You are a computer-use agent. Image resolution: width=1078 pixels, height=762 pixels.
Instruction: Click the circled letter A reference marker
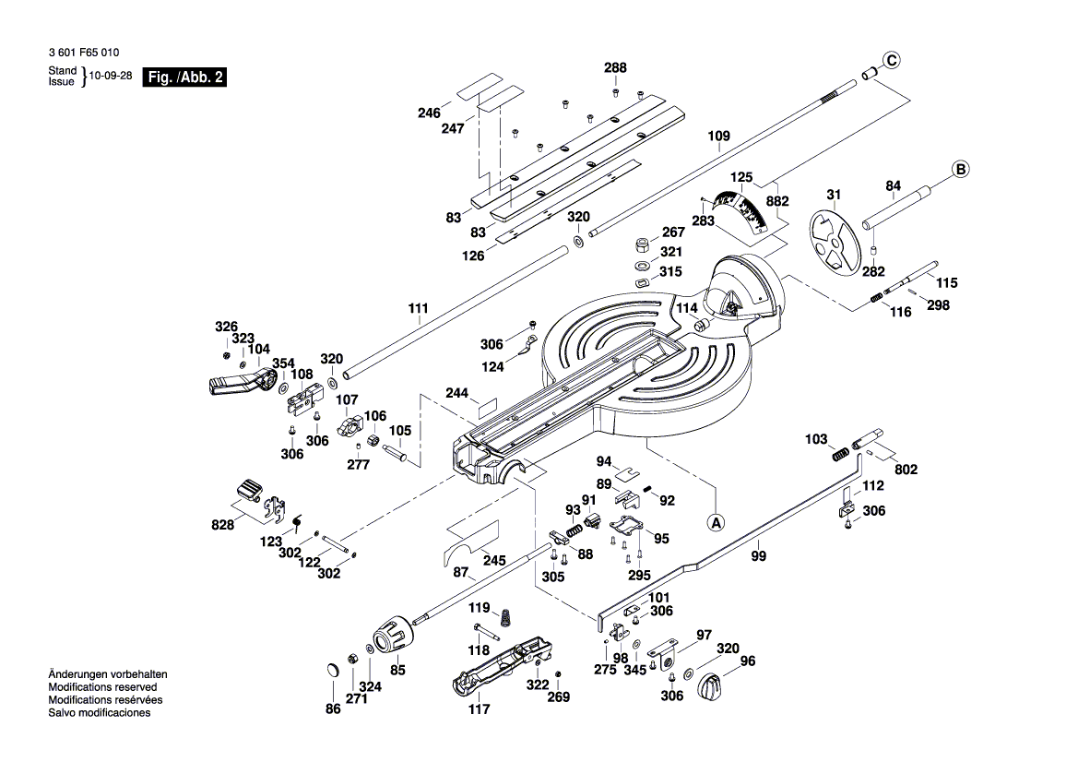(x=717, y=521)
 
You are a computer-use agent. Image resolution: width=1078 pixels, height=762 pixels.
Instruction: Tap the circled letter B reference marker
(x=960, y=170)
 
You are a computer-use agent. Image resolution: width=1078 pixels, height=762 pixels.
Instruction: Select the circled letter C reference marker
(x=891, y=61)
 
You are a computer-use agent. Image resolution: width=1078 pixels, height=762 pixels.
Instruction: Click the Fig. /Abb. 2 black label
(x=184, y=78)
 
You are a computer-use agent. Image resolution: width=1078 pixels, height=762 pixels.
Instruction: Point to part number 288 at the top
(x=615, y=68)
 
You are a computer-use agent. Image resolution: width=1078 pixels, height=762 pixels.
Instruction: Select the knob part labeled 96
(x=709, y=686)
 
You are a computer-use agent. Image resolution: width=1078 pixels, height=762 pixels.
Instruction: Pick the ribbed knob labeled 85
(x=394, y=637)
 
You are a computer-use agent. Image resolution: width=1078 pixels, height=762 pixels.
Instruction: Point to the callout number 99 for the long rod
(x=758, y=555)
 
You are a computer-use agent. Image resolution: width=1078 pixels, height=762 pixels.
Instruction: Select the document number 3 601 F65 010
(x=82, y=54)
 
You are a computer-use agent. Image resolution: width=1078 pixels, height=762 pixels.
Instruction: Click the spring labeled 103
(x=840, y=455)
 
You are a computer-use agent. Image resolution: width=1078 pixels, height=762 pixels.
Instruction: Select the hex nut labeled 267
(x=638, y=245)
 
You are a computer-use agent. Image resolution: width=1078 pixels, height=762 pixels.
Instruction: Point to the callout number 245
(x=494, y=560)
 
